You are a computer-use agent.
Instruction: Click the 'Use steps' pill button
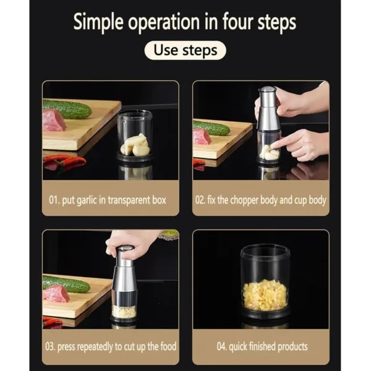pos(185,50)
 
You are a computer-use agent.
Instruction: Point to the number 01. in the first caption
pos(55,200)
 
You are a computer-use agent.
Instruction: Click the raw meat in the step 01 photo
pos(54,121)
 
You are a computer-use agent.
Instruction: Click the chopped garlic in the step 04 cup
pos(265,294)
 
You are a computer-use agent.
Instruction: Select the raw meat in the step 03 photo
pos(56,294)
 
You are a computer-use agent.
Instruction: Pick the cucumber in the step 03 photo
pos(66,284)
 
